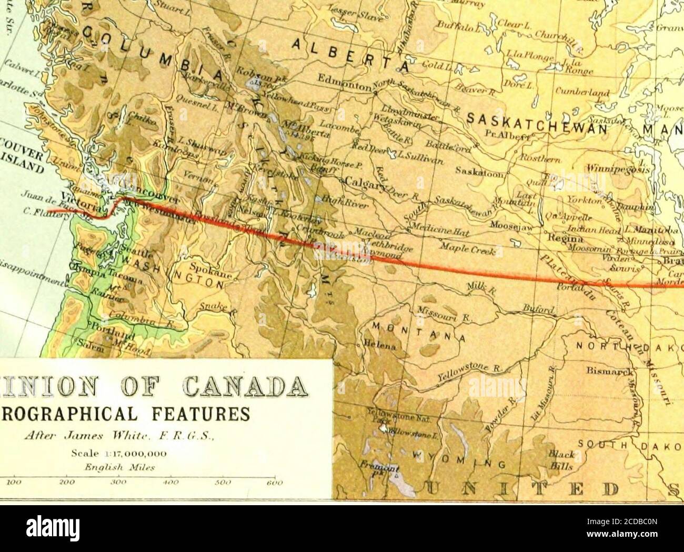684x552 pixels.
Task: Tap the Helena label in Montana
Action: click(x=379, y=347)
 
